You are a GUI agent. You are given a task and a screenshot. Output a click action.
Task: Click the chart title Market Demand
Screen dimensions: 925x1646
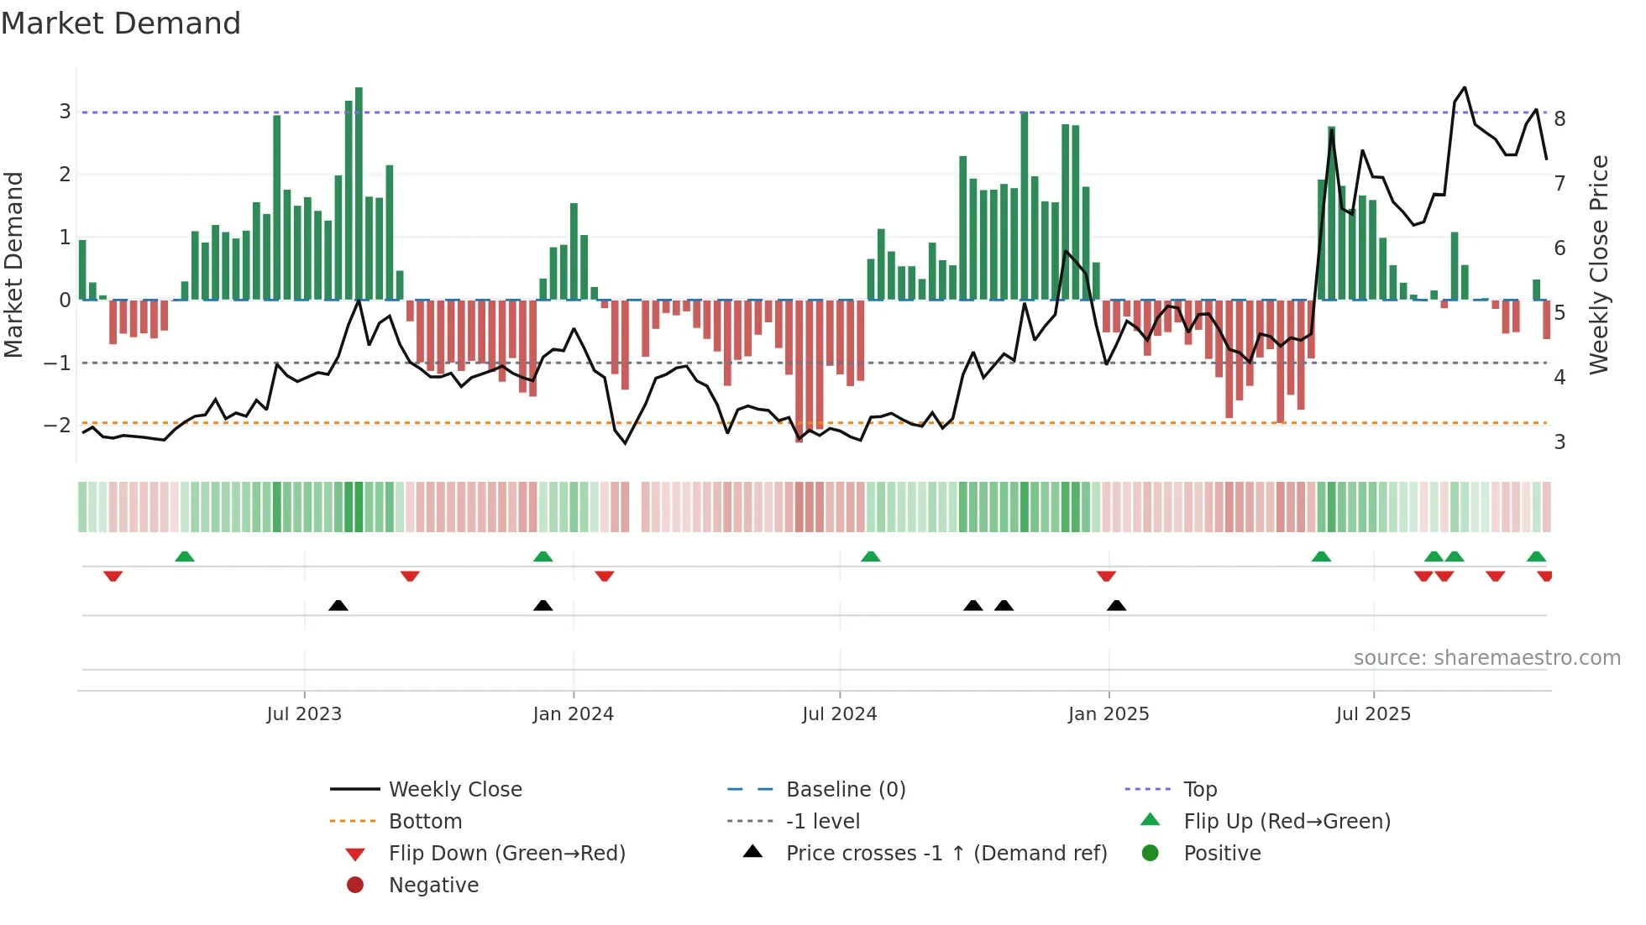point(121,24)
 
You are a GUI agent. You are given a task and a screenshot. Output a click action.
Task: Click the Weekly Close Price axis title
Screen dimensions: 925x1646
point(1599,264)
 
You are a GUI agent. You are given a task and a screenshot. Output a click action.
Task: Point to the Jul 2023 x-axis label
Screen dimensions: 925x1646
point(304,714)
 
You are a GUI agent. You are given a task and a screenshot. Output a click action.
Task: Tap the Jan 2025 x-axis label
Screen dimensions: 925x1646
point(1109,714)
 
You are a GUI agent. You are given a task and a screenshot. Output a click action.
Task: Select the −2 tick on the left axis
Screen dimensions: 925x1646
point(58,426)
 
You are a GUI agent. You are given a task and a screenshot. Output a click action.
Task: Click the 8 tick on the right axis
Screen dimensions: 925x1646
point(1560,119)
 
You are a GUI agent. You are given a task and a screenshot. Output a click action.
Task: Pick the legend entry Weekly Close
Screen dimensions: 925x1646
point(455,790)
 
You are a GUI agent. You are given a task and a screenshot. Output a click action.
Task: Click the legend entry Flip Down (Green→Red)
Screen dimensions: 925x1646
point(506,854)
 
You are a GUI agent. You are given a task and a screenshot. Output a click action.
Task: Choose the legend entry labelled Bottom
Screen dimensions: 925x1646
point(425,822)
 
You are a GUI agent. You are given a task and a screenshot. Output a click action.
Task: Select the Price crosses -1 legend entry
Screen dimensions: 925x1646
point(946,854)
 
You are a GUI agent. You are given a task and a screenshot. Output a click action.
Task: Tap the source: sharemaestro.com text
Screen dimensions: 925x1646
point(1486,658)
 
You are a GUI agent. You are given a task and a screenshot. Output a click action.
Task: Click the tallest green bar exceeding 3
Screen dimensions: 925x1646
point(359,193)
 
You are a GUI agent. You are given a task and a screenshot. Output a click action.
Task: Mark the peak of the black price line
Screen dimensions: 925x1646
point(1465,87)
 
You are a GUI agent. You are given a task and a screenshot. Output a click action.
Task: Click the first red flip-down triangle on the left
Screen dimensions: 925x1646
point(113,576)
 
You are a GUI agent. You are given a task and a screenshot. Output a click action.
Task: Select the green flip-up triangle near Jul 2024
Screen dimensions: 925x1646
point(871,557)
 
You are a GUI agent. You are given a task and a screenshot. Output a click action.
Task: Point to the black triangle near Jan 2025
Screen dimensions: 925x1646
point(1116,605)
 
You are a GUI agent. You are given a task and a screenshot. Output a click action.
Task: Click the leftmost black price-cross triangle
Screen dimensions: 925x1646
point(338,605)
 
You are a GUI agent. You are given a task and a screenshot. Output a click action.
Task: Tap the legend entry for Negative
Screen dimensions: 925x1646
point(433,886)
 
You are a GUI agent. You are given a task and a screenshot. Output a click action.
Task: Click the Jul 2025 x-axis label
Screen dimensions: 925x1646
point(1373,714)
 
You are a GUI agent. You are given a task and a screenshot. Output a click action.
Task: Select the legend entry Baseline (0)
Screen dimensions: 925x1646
point(845,790)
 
